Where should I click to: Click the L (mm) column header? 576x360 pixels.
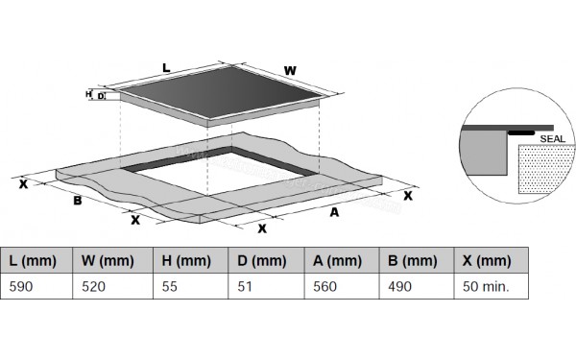click(x=36, y=260)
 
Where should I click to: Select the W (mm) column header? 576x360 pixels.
click(x=112, y=260)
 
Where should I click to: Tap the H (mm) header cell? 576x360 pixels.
click(x=191, y=260)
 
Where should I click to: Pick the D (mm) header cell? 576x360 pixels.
click(x=266, y=260)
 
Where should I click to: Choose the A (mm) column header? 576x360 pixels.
click(x=342, y=260)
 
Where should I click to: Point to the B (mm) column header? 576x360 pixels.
click(x=417, y=260)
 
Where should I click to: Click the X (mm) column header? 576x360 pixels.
click(x=492, y=260)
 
